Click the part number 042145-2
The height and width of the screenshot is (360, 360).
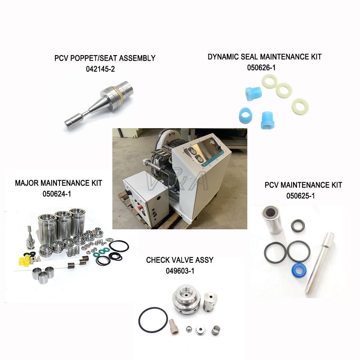[100, 69]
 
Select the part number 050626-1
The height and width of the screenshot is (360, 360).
[261, 68]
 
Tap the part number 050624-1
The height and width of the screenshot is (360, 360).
[57, 194]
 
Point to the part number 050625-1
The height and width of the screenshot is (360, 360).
[301, 196]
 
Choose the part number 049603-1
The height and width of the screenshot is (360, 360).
[180, 271]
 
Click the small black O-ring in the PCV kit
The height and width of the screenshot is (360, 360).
[298, 226]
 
